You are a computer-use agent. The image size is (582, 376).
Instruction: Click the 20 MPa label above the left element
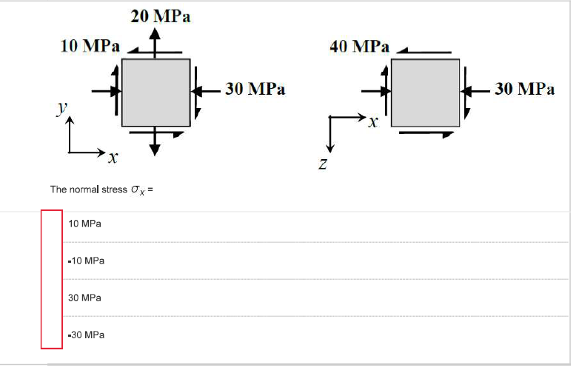coord(161,16)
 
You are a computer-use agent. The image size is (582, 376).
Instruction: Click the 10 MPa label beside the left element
coord(89,46)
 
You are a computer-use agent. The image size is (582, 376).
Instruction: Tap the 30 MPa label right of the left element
coord(255,90)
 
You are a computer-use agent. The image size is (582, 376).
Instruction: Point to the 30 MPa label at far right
coord(524,90)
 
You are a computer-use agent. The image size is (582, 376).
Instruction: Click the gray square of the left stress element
coord(155,92)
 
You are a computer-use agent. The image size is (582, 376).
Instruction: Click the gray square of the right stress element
coord(425,92)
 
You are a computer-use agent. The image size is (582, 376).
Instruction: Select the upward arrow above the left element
coord(155,44)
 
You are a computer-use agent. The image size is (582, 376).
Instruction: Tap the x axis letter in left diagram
coord(112,158)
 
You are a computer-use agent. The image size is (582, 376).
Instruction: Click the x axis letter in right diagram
coord(374,123)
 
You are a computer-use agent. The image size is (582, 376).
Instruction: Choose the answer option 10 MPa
coord(84,224)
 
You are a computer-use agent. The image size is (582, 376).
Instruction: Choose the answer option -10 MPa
coord(85,261)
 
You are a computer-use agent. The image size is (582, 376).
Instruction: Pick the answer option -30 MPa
coord(85,335)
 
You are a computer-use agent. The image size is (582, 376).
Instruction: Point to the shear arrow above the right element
coord(424,52)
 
